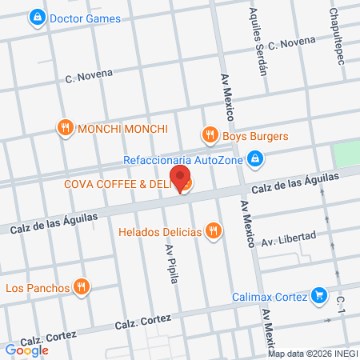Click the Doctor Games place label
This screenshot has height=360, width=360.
[x=85, y=18]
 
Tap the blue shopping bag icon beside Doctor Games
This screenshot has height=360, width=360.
[x=37, y=17]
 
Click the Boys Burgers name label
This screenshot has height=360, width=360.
[x=255, y=137]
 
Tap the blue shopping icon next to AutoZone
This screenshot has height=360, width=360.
[x=254, y=159]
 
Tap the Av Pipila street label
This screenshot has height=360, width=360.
[x=170, y=262]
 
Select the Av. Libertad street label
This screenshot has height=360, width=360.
[x=289, y=238]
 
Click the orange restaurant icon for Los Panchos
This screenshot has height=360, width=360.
[x=81, y=286]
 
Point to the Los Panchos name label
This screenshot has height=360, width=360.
[x=37, y=287]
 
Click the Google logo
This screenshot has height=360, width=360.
[x=26, y=350]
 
